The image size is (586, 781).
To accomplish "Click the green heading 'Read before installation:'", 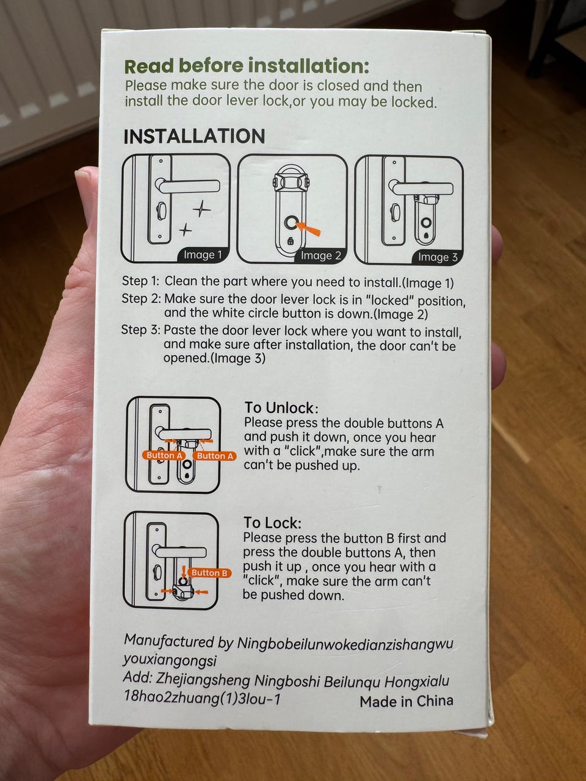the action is (x=247, y=66).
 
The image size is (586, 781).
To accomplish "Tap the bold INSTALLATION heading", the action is (x=194, y=136).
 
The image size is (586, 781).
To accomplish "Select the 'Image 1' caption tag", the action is (x=203, y=255).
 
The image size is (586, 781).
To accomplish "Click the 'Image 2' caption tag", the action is (x=320, y=256).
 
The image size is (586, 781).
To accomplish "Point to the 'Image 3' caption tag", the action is (x=438, y=257).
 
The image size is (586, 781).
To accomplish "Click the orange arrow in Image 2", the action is (x=308, y=228).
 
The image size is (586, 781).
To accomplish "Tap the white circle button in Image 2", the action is (x=291, y=223).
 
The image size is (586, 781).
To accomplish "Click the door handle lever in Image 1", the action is (x=188, y=185).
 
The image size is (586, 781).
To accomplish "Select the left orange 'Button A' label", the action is (x=164, y=455).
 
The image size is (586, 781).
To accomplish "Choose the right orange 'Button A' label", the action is (x=215, y=456).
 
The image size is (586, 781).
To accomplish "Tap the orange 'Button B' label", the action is (x=209, y=573).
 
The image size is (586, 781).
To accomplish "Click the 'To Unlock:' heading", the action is (x=281, y=408).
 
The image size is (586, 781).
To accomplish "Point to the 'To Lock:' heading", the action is (x=272, y=523).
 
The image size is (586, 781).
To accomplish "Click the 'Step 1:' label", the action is (x=140, y=281).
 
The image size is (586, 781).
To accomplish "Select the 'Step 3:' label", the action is (x=140, y=330).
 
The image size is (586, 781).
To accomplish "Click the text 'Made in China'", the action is (x=407, y=701).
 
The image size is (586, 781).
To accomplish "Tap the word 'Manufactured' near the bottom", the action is (x=168, y=641).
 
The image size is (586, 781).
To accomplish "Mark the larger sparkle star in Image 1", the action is (x=201, y=209).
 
